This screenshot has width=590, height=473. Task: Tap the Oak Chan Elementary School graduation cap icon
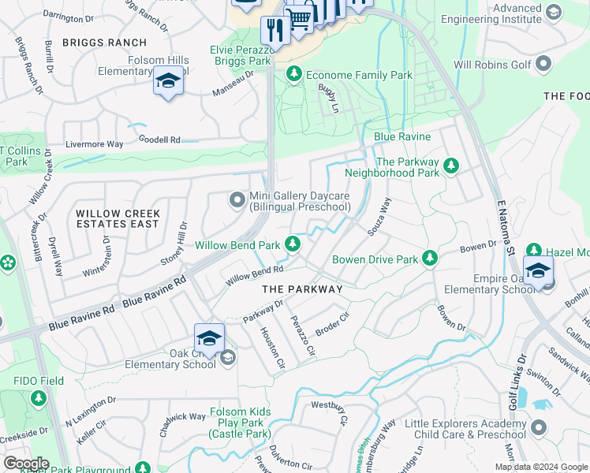coord(209,339)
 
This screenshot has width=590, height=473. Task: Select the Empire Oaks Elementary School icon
coord(538,272)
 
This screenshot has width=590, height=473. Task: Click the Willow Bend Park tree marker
coord(293,245)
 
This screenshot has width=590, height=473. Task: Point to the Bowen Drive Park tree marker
coord(429,259)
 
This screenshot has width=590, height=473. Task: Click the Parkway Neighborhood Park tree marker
coord(451,166)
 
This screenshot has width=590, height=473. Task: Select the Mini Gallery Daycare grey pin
coord(237,200)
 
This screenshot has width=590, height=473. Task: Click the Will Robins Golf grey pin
coord(543,63)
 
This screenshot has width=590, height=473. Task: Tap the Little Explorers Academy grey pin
coord(539,428)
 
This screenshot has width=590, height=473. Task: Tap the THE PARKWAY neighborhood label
coord(302,289)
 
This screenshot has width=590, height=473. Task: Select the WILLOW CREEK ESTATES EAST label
coord(118,218)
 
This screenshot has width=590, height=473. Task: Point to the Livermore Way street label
coord(95,144)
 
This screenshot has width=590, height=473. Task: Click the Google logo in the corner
coord(26,463)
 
